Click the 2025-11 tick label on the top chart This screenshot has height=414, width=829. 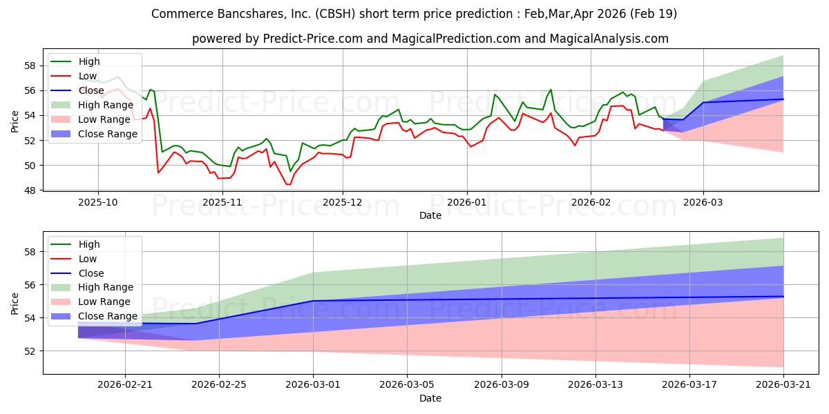(x=222, y=203)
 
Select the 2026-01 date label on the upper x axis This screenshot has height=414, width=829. (x=467, y=203)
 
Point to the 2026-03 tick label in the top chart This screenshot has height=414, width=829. (x=703, y=203)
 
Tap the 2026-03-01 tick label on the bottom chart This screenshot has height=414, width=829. (x=313, y=385)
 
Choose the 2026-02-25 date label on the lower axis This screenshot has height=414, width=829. (x=219, y=385)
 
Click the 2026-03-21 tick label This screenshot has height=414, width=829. (x=783, y=385)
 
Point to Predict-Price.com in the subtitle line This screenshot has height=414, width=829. (x=313, y=39)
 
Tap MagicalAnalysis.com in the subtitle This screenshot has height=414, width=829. (x=609, y=39)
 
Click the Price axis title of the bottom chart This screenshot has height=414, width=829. (x=15, y=304)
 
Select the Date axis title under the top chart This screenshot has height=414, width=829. (x=430, y=215)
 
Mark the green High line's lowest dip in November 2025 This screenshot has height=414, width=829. (x=291, y=171)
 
